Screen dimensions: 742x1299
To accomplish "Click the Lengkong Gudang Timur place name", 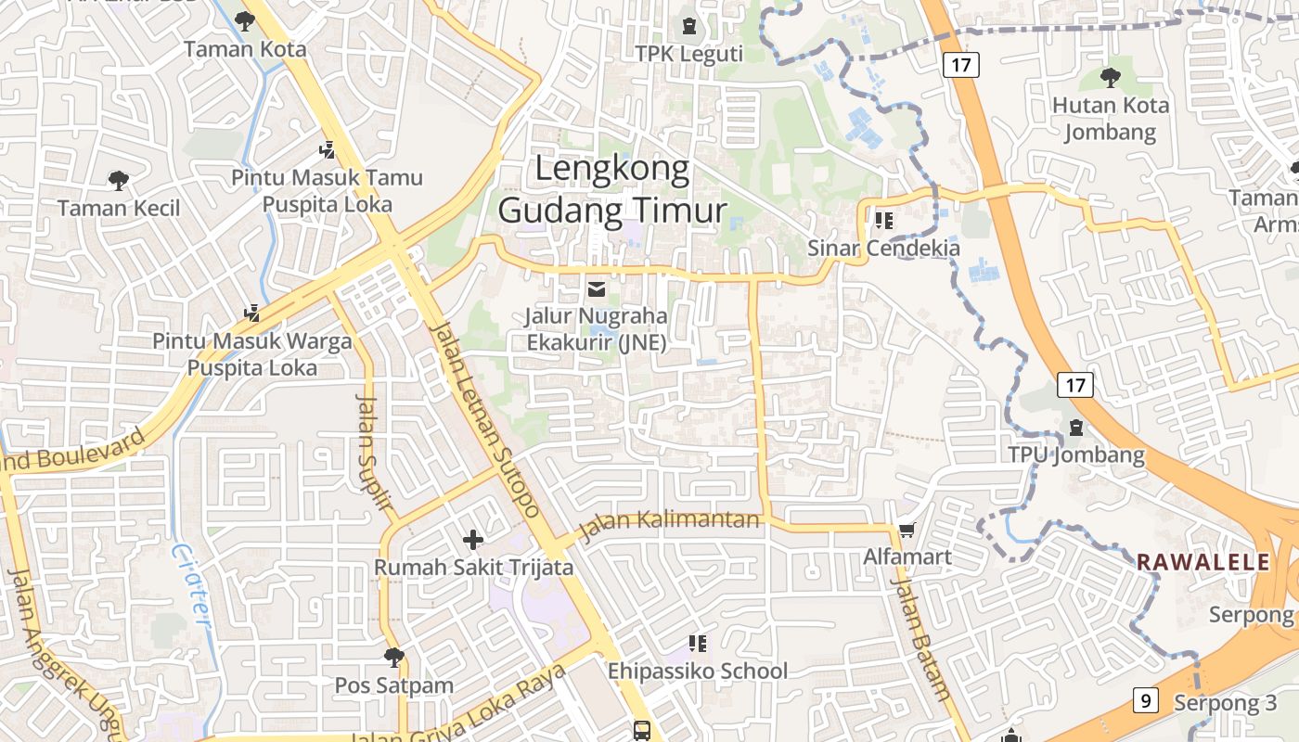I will (611, 190).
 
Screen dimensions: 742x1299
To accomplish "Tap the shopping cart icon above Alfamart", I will (907, 531).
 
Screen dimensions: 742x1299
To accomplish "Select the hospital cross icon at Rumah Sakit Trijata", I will (473, 539).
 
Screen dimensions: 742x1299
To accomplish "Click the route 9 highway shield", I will (1146, 700).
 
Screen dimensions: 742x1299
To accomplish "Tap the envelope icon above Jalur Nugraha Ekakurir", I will (596, 289).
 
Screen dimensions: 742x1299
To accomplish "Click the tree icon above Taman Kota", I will (245, 21).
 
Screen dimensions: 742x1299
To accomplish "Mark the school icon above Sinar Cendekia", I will (883, 221).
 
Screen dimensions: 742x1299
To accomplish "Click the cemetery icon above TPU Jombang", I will (1076, 429).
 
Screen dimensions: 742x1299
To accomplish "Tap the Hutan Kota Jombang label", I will (1110, 118).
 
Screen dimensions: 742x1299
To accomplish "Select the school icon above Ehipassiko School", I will (698, 643).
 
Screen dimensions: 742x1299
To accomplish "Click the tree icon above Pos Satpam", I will (393, 658).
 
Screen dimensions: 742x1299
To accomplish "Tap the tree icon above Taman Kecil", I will (119, 180).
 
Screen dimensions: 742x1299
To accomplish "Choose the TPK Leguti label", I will (689, 54).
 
